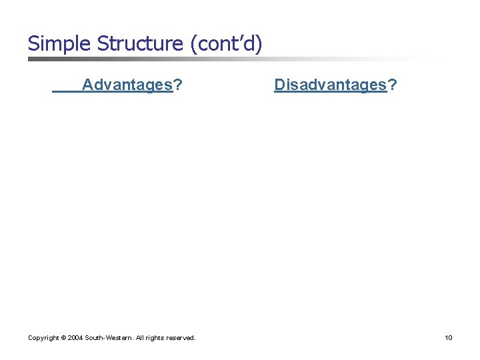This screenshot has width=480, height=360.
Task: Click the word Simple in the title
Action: click(59, 44)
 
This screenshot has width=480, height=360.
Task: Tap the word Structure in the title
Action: click(141, 44)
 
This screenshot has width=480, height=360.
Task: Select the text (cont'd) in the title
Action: click(226, 44)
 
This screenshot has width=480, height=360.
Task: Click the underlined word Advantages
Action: click(127, 85)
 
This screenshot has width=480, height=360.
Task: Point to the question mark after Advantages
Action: click(179, 85)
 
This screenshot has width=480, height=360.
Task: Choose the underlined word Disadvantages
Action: click(331, 85)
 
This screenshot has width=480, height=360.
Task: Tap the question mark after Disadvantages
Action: click(393, 85)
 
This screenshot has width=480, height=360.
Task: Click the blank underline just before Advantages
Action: click(67, 92)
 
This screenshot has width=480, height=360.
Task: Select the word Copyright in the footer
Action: click(43, 338)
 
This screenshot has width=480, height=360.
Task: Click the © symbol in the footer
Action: click(64, 338)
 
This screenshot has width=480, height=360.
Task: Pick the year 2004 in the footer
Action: click(75, 338)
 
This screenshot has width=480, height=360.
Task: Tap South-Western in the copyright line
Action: click(108, 338)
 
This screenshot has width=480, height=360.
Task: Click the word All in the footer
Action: click(141, 338)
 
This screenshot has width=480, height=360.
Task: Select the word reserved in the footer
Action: click(181, 338)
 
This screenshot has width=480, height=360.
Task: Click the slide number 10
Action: click(449, 338)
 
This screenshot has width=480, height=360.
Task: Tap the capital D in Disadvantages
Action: click(279, 85)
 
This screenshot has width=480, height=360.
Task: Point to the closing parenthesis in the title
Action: click(259, 44)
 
